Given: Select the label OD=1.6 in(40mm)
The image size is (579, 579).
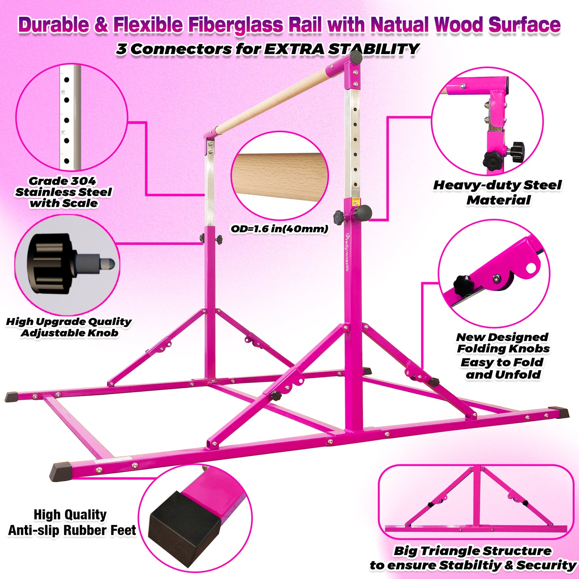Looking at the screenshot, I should point(279,229).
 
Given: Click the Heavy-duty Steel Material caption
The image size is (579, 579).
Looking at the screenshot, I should point(498,192).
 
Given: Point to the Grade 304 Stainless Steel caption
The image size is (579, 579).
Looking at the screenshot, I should point(63,192).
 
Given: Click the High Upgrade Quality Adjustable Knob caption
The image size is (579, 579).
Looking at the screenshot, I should point(69,327).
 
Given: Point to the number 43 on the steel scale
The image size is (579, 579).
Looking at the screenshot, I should point(63,92).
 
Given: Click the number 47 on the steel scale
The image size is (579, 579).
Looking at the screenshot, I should point(63,131).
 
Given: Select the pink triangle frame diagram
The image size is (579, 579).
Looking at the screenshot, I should point(476,501).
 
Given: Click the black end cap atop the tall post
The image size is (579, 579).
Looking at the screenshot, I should point(356,58).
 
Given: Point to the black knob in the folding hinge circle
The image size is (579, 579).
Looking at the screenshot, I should point(463,284).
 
